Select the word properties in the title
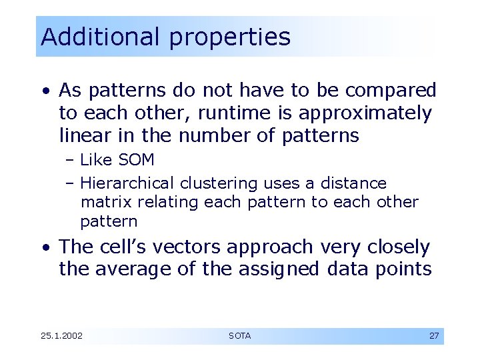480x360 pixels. [x=229, y=38]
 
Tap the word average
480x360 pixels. [x=133, y=270]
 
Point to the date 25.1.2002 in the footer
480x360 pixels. [x=61, y=336]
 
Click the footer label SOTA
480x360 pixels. [x=239, y=336]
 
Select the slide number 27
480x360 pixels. [x=433, y=336]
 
